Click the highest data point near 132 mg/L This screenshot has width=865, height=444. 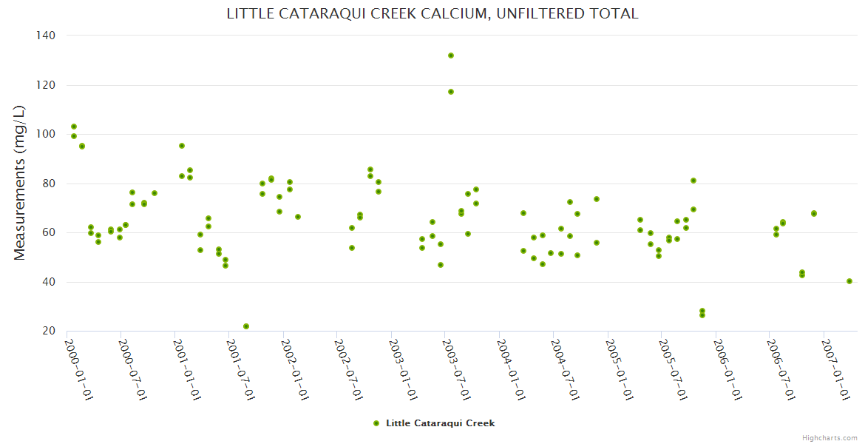point(451,55)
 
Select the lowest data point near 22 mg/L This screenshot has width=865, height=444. point(246,326)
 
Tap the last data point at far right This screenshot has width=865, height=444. point(849,281)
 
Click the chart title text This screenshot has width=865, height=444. point(432,14)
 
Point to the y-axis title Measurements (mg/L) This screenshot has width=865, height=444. point(20,183)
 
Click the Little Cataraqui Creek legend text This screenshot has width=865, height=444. point(440,423)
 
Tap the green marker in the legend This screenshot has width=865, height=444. point(376,423)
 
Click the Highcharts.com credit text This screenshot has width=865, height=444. point(830,437)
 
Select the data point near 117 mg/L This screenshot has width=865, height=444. point(451,92)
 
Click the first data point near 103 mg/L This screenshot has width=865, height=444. point(74,127)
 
